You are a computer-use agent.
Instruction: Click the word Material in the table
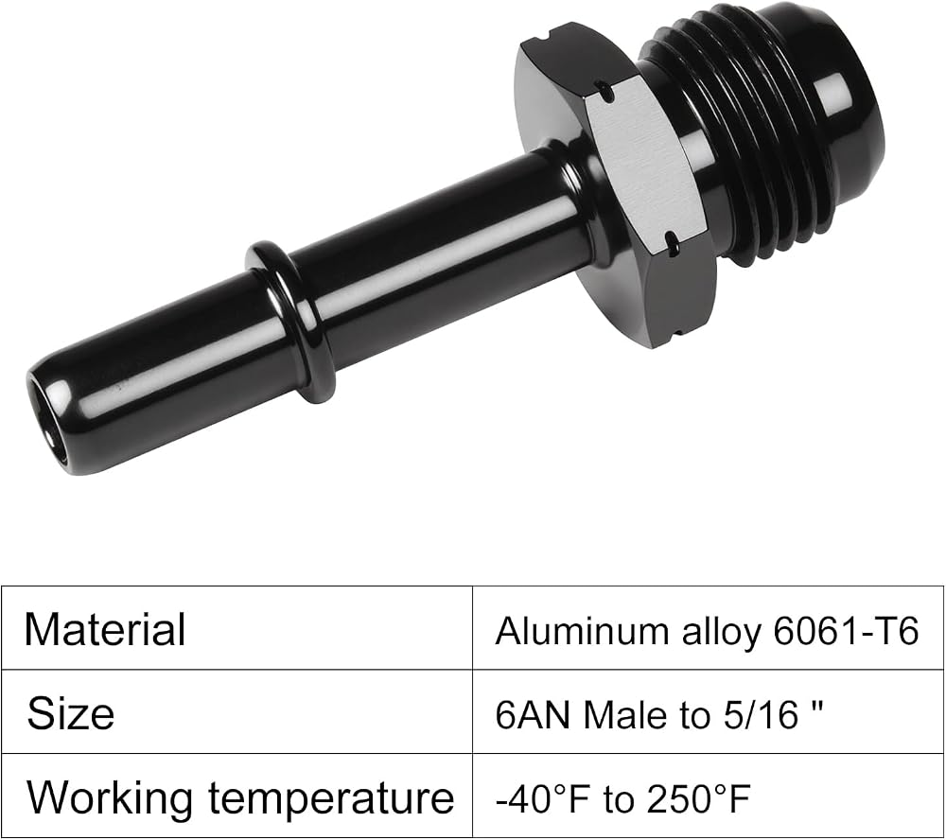105,629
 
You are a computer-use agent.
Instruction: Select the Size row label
71,713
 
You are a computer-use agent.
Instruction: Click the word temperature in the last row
331,797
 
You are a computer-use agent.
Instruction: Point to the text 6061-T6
846,631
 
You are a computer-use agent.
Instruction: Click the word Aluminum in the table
581,631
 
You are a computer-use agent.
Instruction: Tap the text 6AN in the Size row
533,715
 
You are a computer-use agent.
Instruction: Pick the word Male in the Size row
625,715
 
